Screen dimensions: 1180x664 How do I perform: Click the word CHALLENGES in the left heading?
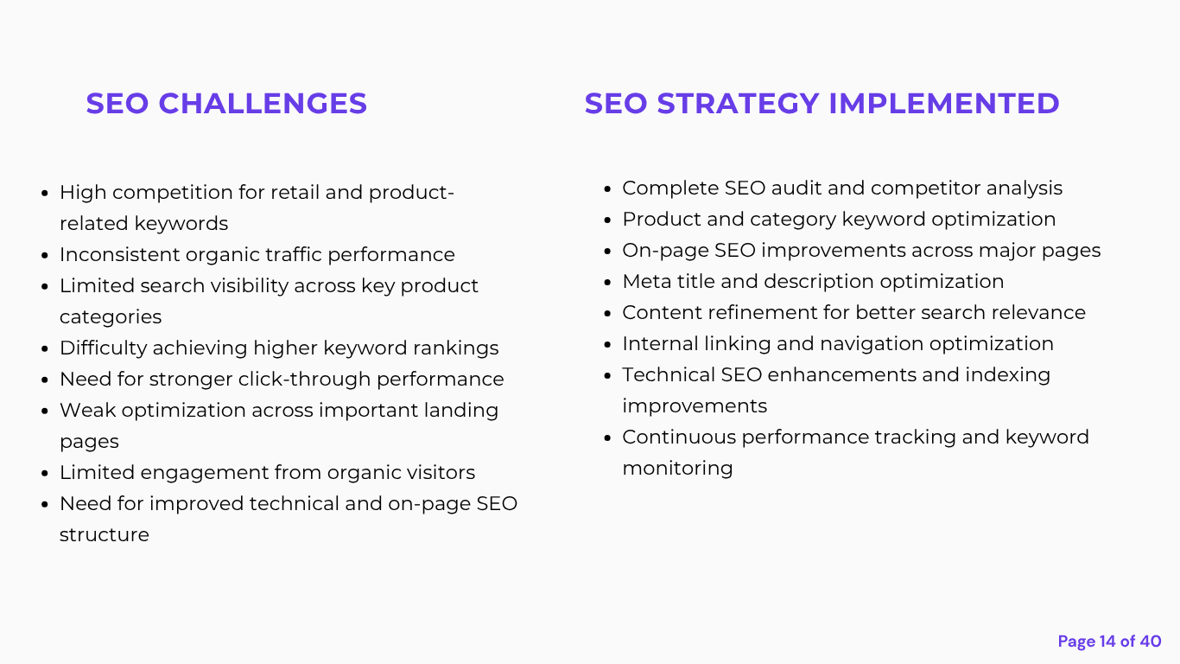[x=263, y=104]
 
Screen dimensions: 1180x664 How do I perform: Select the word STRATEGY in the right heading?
[x=738, y=104]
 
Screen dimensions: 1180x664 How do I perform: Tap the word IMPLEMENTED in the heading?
[x=944, y=104]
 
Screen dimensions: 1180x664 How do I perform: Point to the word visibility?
[x=249, y=286]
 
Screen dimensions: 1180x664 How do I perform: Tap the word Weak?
[x=87, y=411]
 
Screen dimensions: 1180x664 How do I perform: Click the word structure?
[x=105, y=535]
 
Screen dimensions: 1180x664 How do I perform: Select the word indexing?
[x=1008, y=375]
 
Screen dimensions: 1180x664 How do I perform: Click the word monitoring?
[x=677, y=469]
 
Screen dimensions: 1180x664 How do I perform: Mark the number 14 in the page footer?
[x=1107, y=642]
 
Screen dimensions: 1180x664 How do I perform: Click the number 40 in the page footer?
[x=1151, y=642]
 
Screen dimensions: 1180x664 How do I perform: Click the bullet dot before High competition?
[x=45, y=193]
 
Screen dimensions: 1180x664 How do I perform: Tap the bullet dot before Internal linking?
[x=607, y=344]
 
